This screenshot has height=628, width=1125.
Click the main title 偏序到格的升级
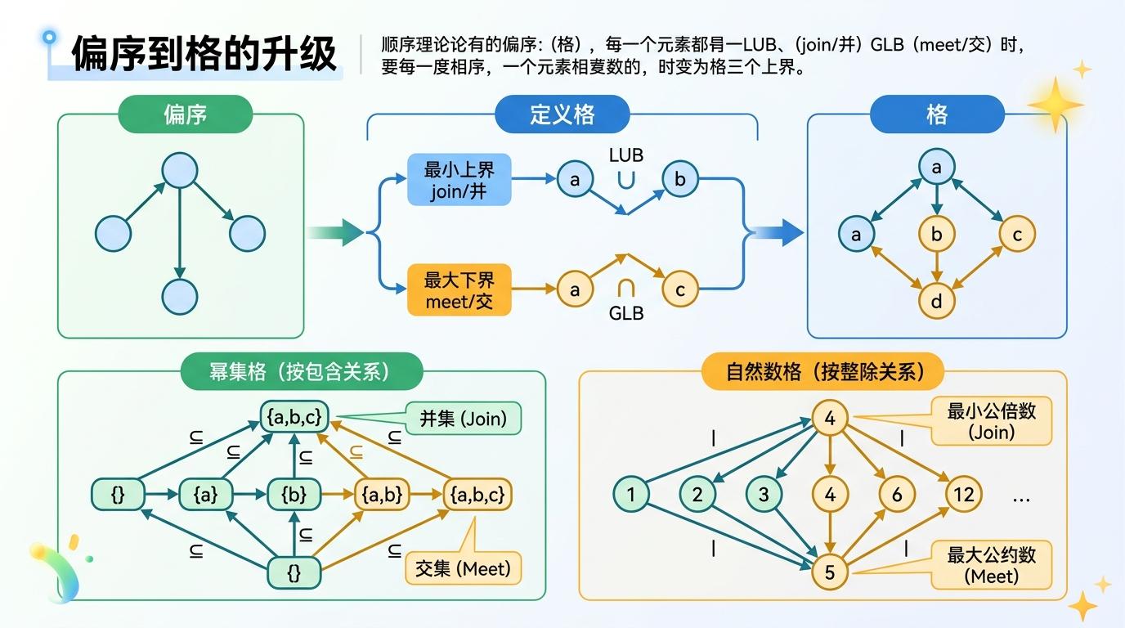(x=204, y=54)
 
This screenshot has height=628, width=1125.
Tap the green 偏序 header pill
(x=186, y=114)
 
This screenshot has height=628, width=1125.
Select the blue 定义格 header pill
(x=562, y=114)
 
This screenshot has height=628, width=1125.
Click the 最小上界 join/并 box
(x=459, y=180)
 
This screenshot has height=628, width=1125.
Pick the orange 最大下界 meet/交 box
(x=459, y=290)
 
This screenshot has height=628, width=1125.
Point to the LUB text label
(x=626, y=155)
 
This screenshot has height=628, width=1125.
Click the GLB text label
(x=626, y=313)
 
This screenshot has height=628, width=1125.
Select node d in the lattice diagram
(x=937, y=302)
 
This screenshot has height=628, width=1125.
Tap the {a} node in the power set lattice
(x=206, y=494)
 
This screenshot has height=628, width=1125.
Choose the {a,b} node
(x=380, y=494)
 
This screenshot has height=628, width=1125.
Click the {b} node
(x=294, y=494)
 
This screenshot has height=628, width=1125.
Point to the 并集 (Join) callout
(x=463, y=419)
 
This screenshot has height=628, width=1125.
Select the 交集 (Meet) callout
(x=463, y=568)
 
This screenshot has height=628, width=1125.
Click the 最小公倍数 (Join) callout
(x=991, y=421)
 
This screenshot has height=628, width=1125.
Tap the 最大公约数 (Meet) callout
(x=991, y=564)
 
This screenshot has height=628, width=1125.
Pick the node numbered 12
(x=964, y=494)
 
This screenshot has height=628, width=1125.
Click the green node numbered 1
(x=631, y=494)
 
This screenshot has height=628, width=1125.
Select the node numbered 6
(x=897, y=494)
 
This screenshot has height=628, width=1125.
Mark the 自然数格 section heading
(x=823, y=372)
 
